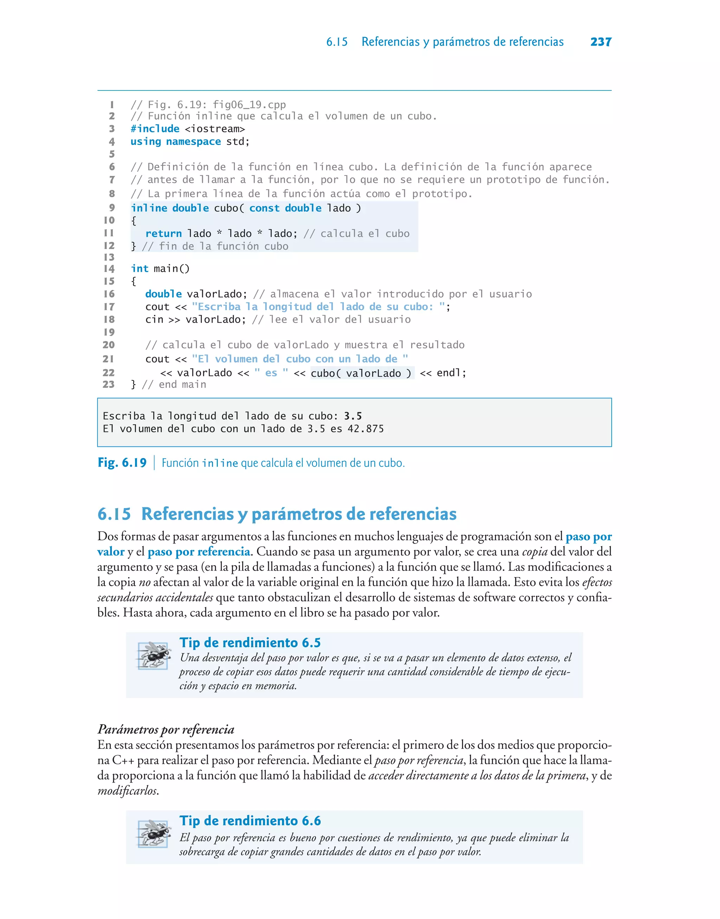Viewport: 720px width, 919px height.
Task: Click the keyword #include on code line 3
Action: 155,129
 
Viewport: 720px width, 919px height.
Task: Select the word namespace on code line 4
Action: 193,142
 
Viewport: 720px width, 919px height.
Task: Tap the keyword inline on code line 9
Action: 149,208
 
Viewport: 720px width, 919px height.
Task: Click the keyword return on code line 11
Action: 163,234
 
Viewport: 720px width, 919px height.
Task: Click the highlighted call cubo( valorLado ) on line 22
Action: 362,373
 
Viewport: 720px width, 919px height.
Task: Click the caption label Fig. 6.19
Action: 122,463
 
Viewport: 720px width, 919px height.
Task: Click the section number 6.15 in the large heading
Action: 114,514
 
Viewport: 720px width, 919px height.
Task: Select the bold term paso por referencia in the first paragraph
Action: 199,552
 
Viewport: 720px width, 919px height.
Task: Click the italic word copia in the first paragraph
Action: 534,552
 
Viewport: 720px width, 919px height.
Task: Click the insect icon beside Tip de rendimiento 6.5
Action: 153,656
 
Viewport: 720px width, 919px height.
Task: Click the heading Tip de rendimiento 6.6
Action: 250,821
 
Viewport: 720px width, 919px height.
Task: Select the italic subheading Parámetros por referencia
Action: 166,729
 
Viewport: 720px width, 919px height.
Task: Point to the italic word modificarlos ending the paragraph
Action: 127,791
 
